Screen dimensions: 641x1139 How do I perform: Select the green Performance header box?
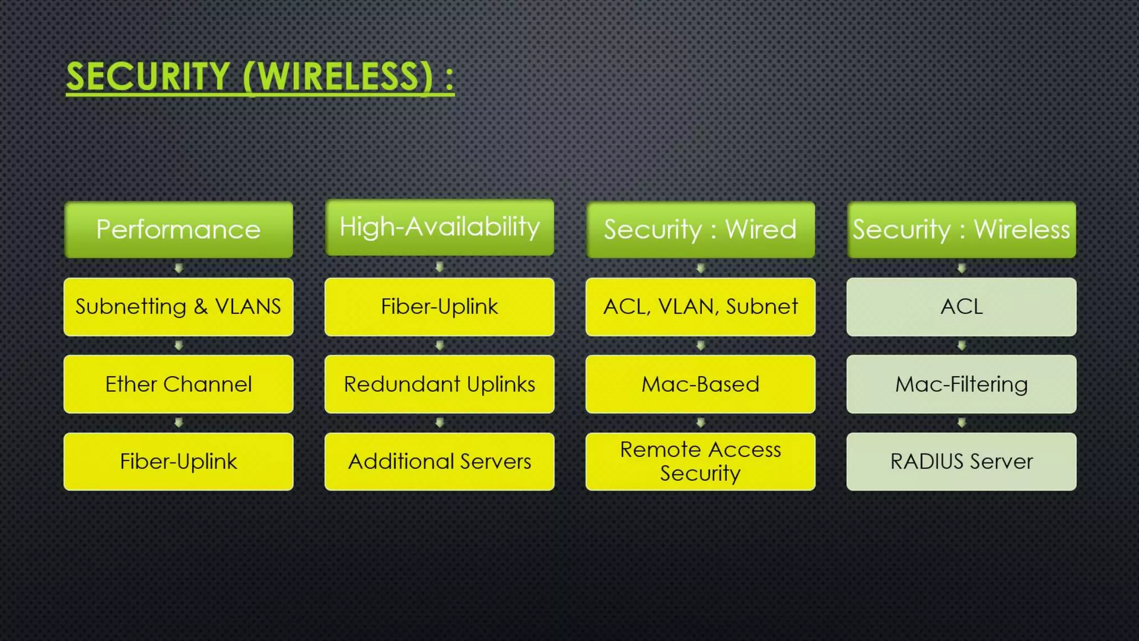(x=179, y=229)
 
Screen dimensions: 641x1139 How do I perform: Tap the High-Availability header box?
(x=439, y=227)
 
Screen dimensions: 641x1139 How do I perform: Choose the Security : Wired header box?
(x=700, y=229)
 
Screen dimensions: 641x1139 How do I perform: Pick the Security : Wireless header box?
(x=961, y=229)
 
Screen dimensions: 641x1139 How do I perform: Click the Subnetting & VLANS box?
(x=179, y=307)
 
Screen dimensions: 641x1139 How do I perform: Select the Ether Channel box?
(x=179, y=384)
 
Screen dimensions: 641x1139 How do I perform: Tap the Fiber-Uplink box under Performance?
(x=179, y=461)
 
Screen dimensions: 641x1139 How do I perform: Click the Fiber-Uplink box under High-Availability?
(x=439, y=307)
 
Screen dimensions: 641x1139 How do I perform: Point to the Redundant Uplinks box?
(x=439, y=384)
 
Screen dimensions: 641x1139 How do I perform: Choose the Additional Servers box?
(x=439, y=461)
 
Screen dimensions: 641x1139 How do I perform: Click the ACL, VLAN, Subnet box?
(x=700, y=307)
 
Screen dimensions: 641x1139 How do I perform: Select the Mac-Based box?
(x=700, y=384)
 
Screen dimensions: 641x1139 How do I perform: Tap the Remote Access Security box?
(x=700, y=461)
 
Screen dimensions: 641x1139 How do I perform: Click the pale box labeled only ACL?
(x=961, y=307)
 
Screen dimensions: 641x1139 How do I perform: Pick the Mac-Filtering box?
(x=961, y=384)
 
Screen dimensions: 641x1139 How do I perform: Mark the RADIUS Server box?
(x=961, y=461)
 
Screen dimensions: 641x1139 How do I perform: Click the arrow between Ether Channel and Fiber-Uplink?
(x=179, y=423)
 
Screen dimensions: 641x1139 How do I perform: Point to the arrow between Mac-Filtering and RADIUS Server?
(x=961, y=423)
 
